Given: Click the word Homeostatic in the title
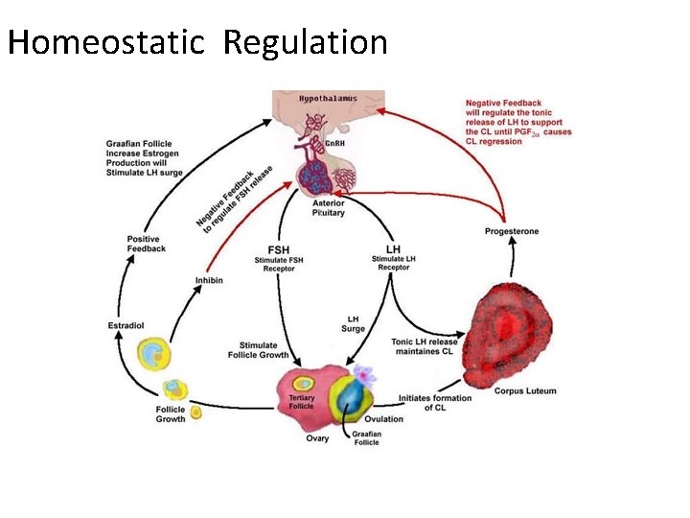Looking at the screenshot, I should [105, 43].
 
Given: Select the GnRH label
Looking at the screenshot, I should [334, 144].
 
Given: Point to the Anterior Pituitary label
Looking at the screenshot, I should [329, 208].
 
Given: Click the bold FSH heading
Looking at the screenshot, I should [278, 249].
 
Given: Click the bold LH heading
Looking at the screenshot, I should [392, 249].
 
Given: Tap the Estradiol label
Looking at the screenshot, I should [126, 326].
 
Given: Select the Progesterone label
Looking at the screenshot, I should [512, 231].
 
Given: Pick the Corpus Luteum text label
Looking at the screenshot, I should [524, 390].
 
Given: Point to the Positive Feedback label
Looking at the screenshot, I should [146, 244].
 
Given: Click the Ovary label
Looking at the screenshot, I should [317, 438].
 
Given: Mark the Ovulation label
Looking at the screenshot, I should [383, 418].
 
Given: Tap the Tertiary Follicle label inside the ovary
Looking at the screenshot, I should [301, 401].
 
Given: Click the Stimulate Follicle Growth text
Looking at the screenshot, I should [258, 350].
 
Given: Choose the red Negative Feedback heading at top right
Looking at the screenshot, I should [504, 104].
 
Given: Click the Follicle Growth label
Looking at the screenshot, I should [171, 414].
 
